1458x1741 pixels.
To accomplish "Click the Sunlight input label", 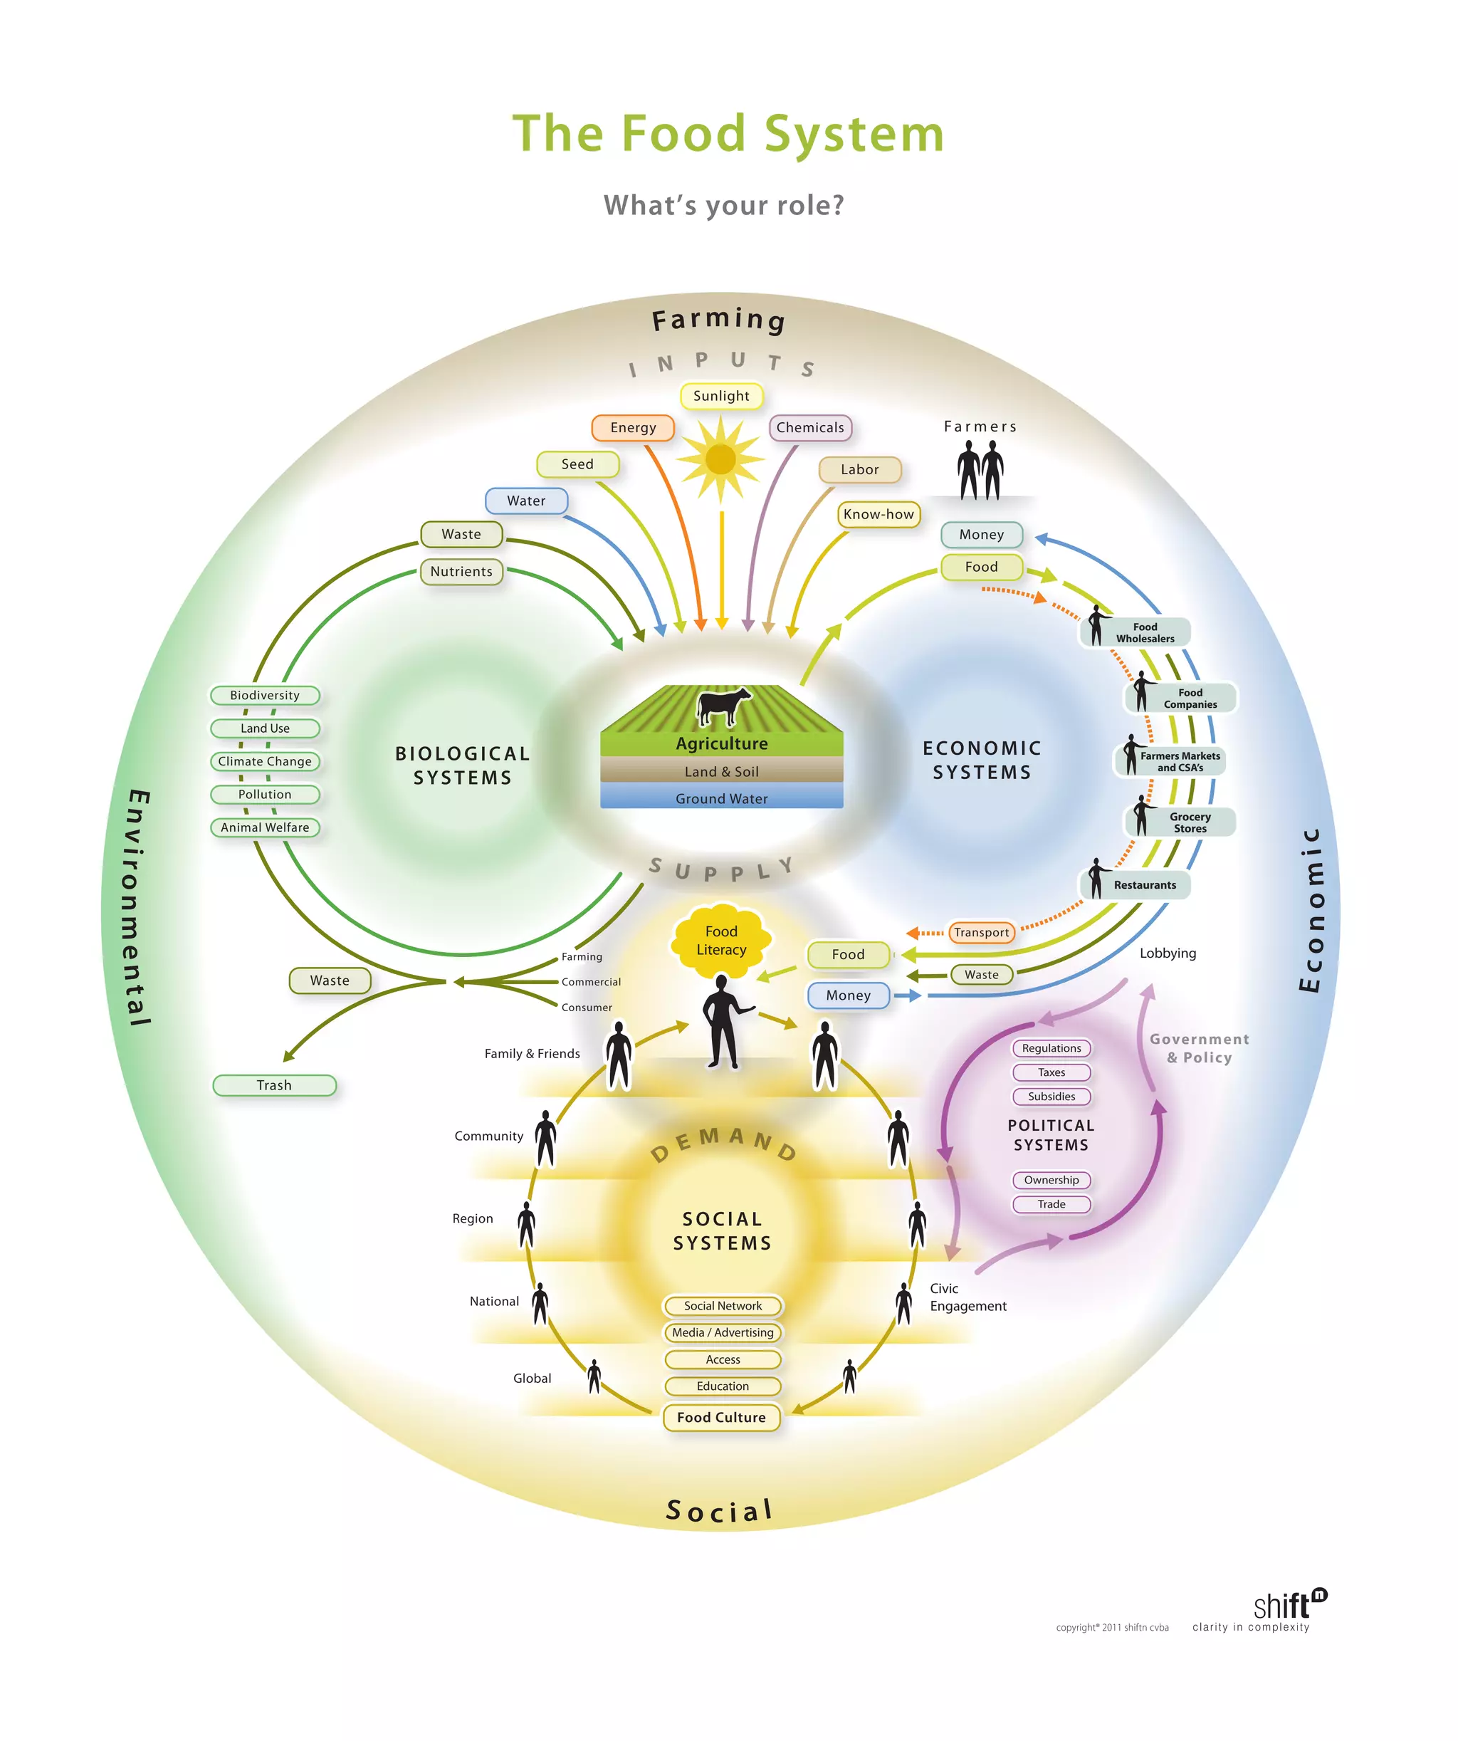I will tap(720, 397).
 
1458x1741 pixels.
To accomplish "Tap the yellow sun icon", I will tap(720, 459).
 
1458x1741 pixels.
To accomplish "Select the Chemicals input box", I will tap(810, 428).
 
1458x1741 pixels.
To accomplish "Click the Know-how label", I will tap(878, 514).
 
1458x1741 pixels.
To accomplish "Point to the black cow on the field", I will tap(722, 706).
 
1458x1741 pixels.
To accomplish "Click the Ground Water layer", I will tap(721, 798).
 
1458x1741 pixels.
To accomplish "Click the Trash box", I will tap(273, 1085).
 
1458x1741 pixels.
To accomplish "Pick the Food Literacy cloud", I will tap(721, 940).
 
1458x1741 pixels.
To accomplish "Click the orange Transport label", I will tap(982, 933).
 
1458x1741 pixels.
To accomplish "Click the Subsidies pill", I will tap(1051, 1096).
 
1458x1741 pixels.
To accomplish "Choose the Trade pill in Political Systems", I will tap(1051, 1204).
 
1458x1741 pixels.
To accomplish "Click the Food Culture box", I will tap(721, 1417).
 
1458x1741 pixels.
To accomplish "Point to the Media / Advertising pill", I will tap(722, 1332).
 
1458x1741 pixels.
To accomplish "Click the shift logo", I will tap(1289, 1606).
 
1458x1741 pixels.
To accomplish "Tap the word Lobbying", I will tap(1167, 953).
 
